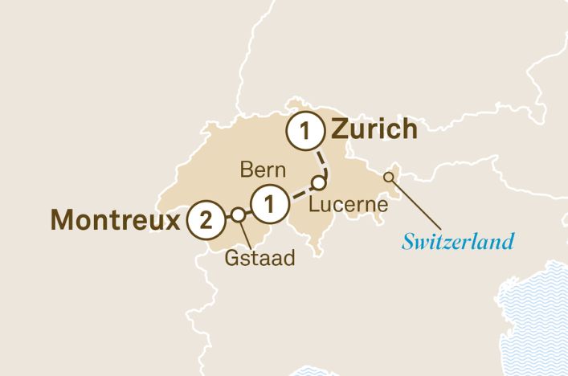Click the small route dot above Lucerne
click(x=319, y=182)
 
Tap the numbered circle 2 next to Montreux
click(x=205, y=220)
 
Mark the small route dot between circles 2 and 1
click(x=238, y=215)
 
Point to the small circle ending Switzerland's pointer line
click(x=390, y=178)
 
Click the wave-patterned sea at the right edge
click(x=538, y=313)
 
